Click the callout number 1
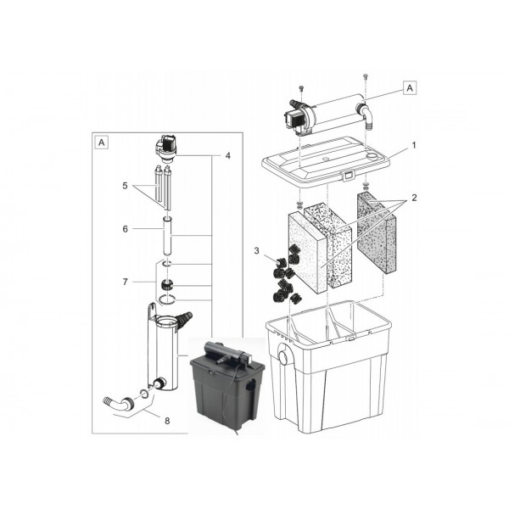(413, 146)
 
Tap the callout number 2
(413, 196)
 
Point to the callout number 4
(227, 155)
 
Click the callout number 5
(126, 186)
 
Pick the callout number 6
(126, 229)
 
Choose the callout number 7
(125, 281)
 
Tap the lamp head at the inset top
(167, 148)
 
